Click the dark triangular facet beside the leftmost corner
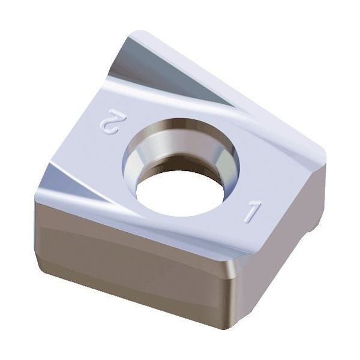60,180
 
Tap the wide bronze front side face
132,252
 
